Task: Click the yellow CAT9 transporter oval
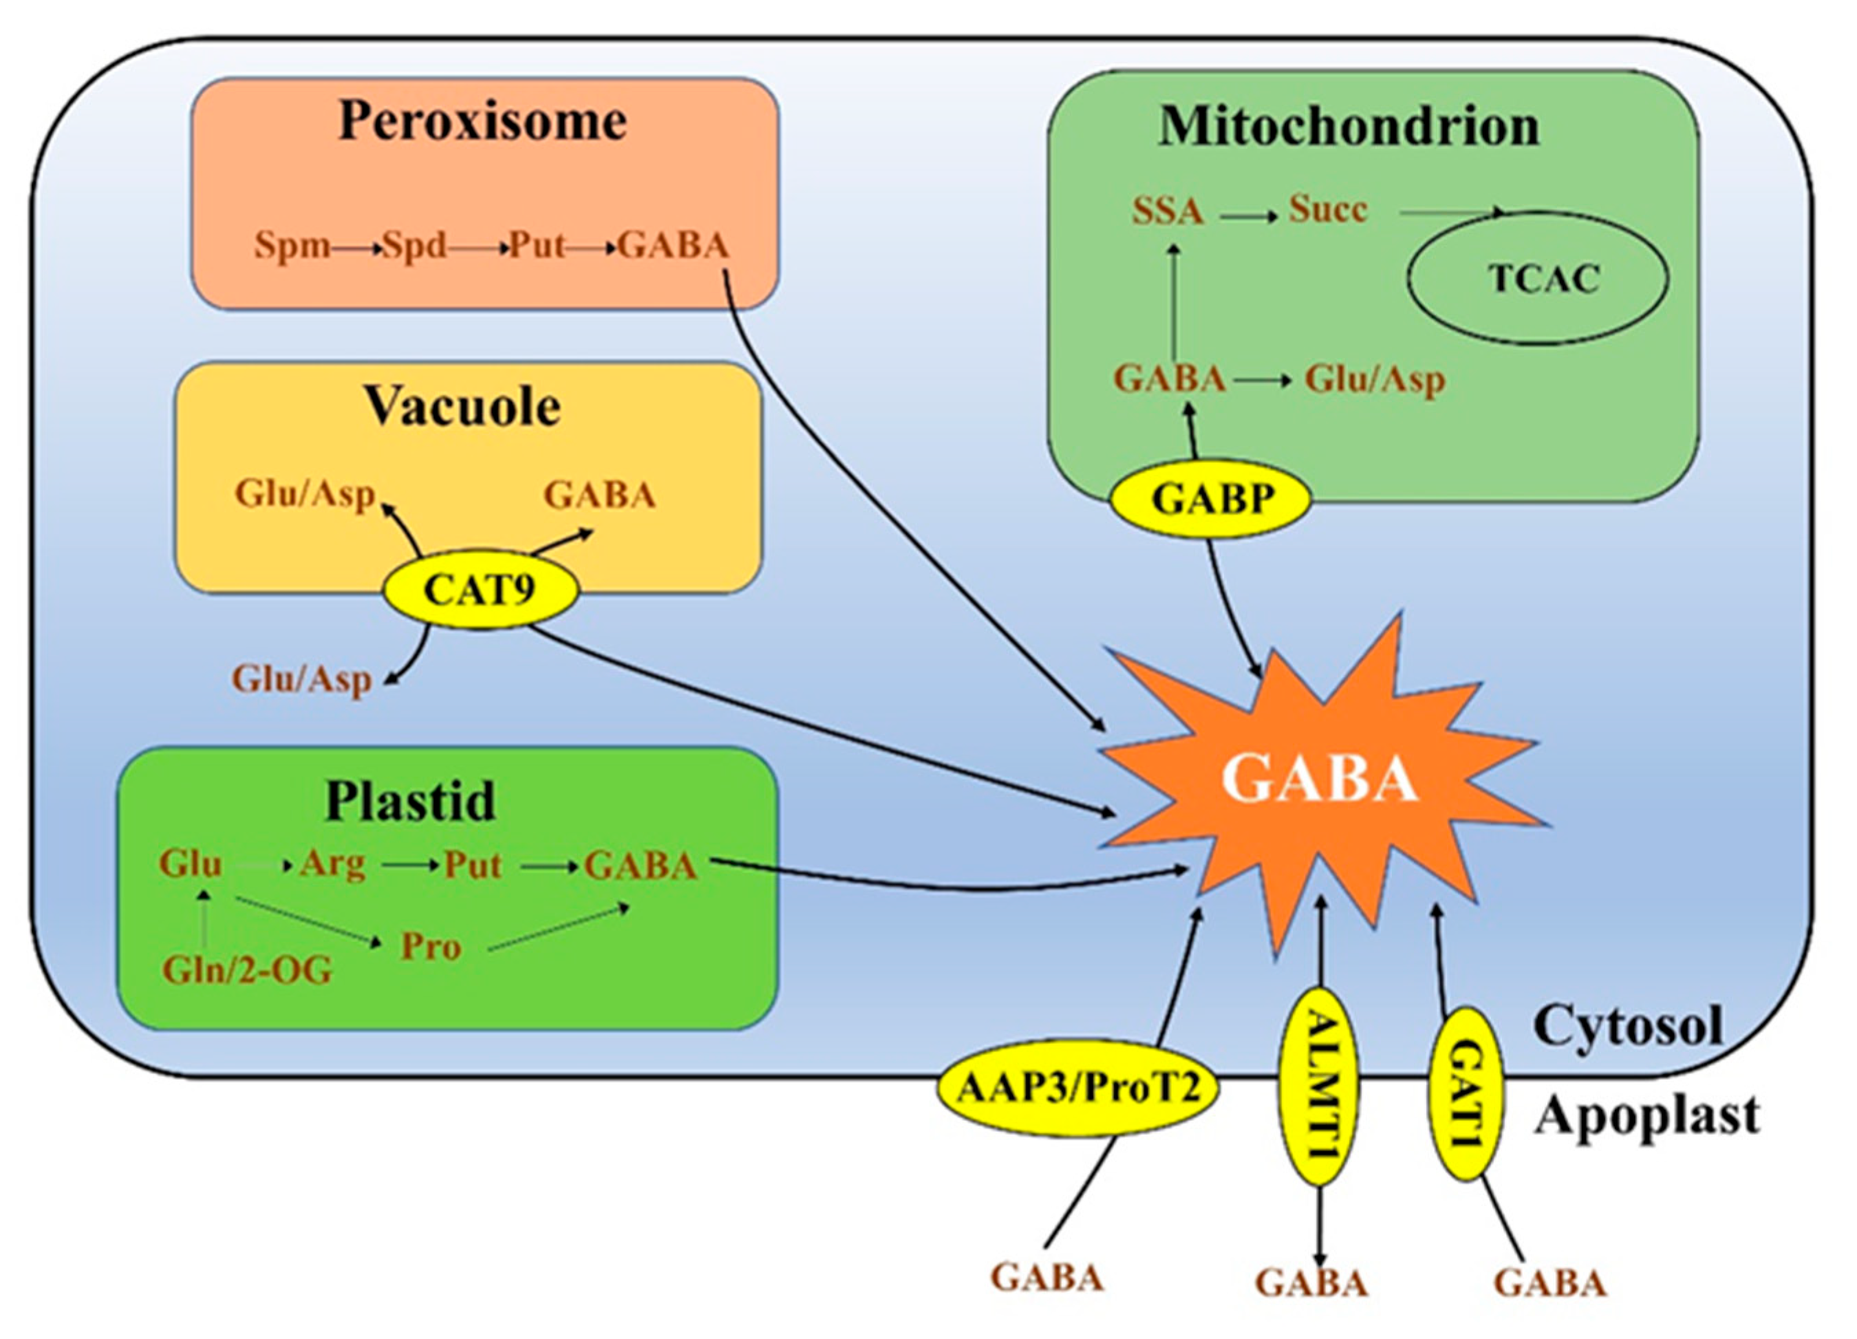coord(480,590)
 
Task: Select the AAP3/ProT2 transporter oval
coord(1078,1089)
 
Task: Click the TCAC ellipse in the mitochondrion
coord(1538,279)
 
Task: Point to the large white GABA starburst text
coord(1320,779)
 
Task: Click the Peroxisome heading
coord(483,121)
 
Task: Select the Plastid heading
coord(410,801)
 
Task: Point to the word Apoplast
coord(1646,1115)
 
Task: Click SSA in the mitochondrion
coord(1168,211)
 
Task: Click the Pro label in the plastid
coord(431,947)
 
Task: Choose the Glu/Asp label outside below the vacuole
coord(302,679)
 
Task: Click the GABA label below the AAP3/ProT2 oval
coord(1047,1278)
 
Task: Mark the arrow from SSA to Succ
coord(1248,217)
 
